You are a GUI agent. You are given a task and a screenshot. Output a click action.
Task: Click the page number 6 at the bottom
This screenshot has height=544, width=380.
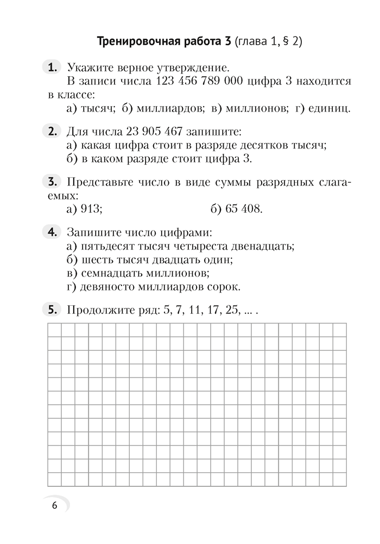pyautogui.click(x=54, y=505)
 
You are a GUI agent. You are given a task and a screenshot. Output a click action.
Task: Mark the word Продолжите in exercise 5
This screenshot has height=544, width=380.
pyautogui.click(x=95, y=311)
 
